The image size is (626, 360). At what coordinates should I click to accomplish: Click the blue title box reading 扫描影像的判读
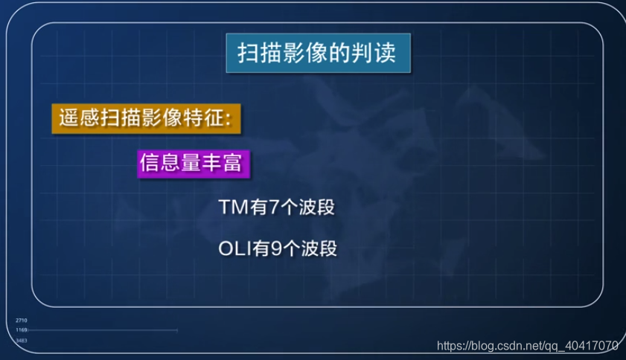318,54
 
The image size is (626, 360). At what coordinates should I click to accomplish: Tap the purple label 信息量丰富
192,164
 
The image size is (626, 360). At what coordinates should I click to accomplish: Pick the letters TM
232,208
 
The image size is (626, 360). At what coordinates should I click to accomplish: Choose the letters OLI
235,248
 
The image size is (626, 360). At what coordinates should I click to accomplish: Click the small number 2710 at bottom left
22,321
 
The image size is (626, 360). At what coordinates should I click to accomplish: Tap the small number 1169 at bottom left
22,330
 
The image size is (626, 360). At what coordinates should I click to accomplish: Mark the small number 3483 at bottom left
22,340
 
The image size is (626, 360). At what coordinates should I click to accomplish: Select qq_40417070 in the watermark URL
581,346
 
